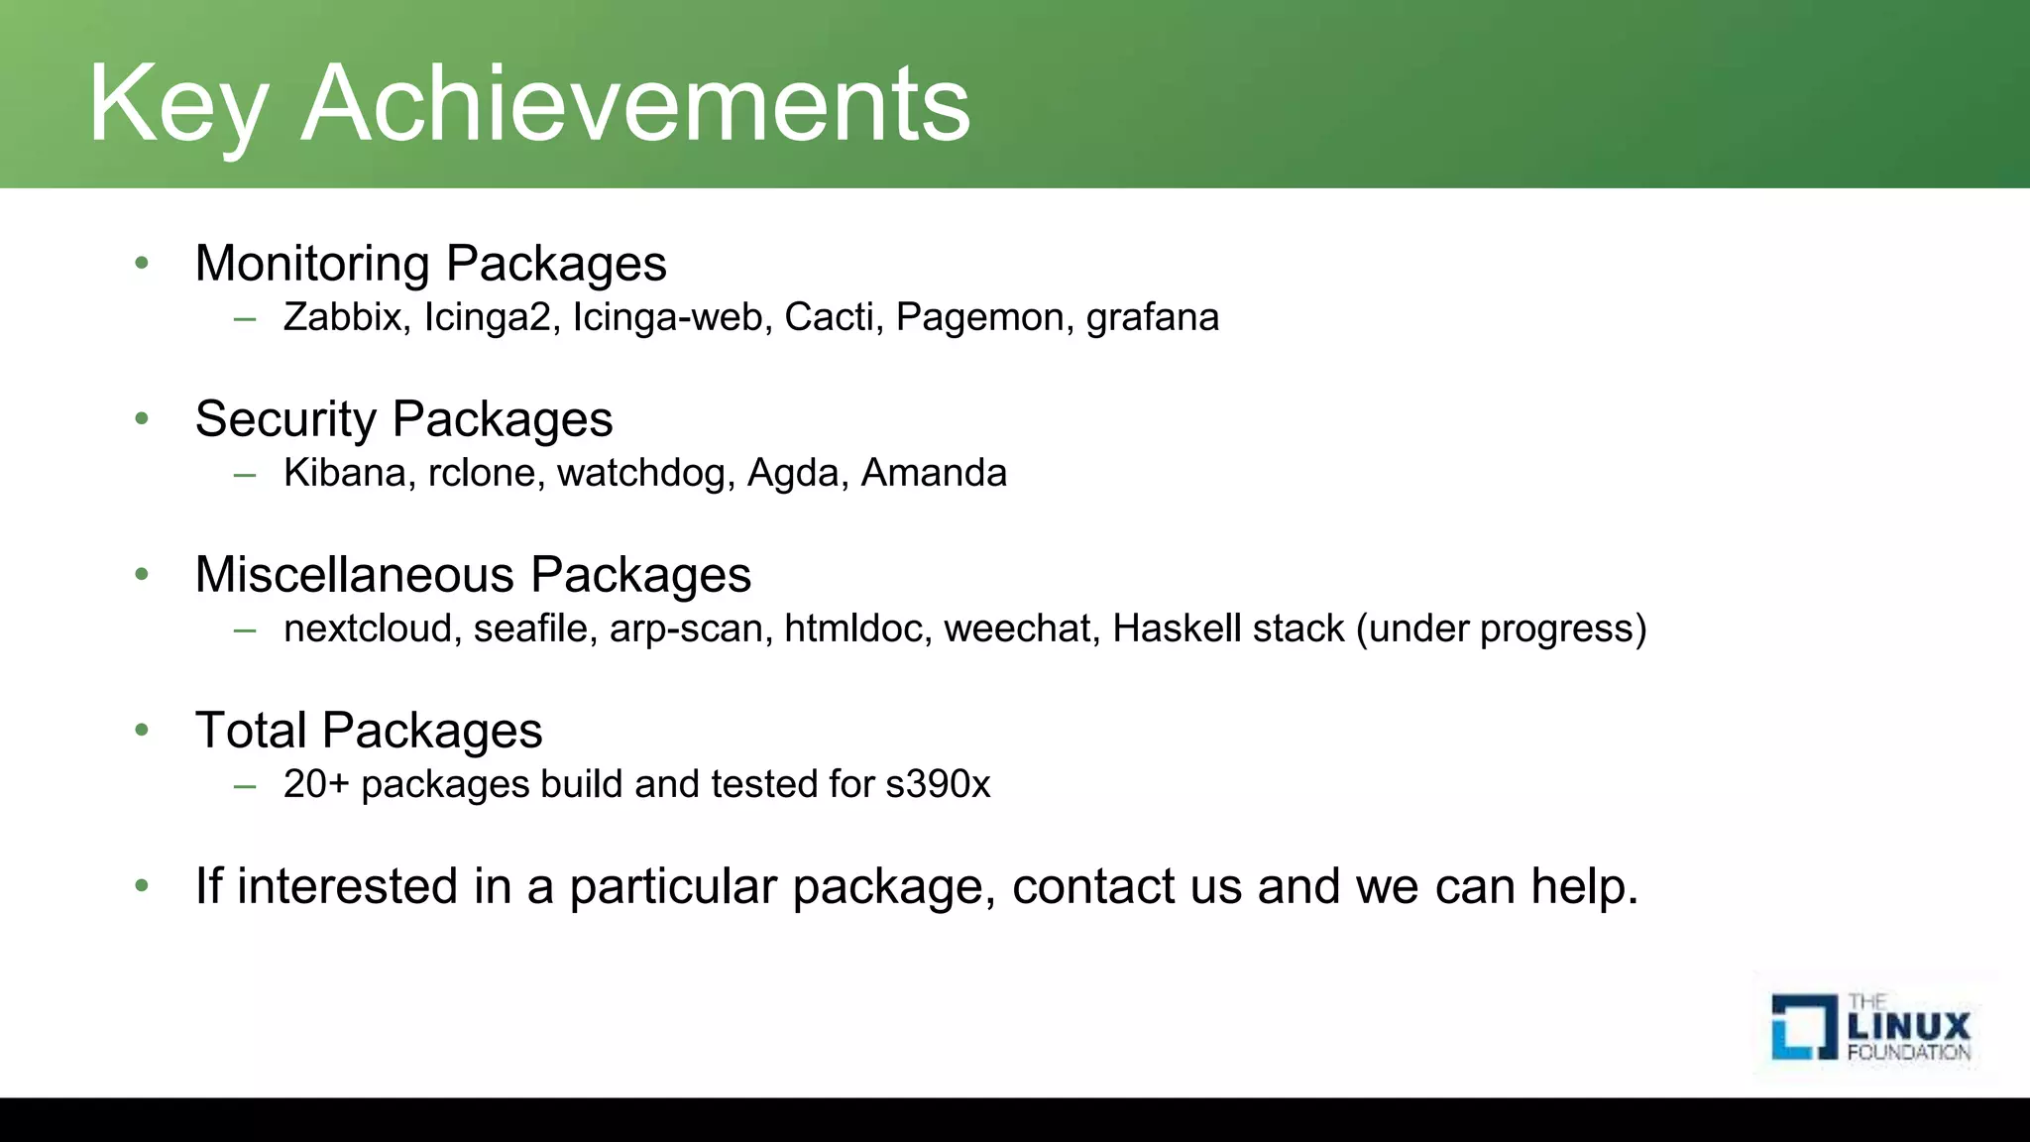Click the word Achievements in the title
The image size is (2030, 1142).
pyautogui.click(x=635, y=104)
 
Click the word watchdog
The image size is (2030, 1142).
pyautogui.click(x=645, y=474)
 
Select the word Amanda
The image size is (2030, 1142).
pyautogui.click(x=934, y=473)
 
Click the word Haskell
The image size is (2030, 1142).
pyautogui.click(x=1178, y=628)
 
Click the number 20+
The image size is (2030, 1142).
pyautogui.click(x=316, y=784)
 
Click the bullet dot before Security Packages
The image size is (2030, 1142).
pyautogui.click(x=142, y=419)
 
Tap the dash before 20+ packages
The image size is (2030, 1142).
pyautogui.click(x=245, y=785)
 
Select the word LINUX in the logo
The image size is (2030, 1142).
pyautogui.click(x=1909, y=1026)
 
